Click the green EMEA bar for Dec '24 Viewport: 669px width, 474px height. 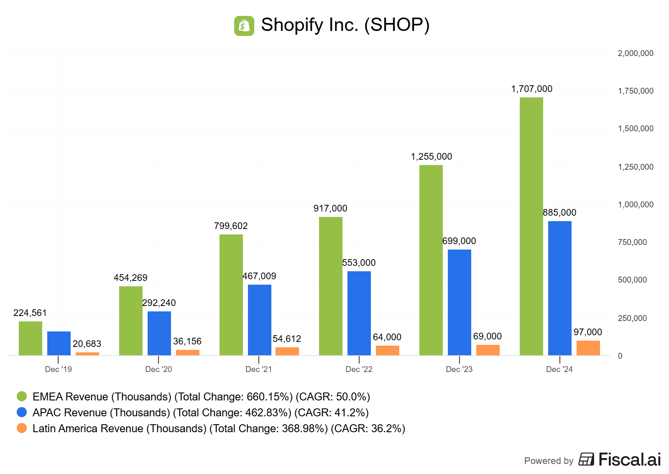531,226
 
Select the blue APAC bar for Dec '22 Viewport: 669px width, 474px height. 359,313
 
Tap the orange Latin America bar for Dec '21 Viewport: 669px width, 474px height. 287,351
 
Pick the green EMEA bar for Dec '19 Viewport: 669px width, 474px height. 31,338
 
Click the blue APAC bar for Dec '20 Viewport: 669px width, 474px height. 159,333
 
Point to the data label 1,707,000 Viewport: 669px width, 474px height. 531,89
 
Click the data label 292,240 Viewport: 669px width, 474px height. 159,303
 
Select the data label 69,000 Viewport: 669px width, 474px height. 487,336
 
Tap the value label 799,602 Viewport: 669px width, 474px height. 231,226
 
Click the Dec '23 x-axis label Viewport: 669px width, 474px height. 459,369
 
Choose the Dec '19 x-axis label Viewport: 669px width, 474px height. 58,369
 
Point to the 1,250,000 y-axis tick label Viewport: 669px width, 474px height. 636,167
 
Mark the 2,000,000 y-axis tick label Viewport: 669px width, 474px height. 636,53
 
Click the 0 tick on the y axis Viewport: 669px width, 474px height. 620,356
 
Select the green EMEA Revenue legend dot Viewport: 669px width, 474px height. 22,396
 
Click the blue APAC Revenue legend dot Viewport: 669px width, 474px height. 22,412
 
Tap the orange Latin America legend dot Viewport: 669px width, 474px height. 22,428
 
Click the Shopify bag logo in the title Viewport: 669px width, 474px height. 244,26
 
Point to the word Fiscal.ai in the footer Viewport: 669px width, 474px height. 629,459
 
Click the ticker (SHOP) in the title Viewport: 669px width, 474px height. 397,25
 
